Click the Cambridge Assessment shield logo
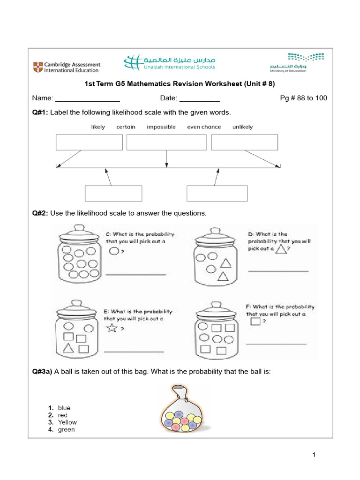[38, 67]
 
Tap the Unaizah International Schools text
[180, 67]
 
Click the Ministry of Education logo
[297, 62]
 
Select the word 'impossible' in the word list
[161, 127]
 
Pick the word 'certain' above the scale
[126, 127]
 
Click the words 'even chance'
[204, 127]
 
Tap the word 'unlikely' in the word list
[242, 127]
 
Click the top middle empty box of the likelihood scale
[166, 142]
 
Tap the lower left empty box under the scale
[113, 194]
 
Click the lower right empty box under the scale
[217, 194]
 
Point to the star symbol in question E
[112, 328]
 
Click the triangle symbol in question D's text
[281, 249]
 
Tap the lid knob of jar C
[79, 228]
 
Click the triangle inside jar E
[68, 348]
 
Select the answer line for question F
[276, 344]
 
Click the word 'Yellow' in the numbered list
[67, 422]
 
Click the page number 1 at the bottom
[314, 455]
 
